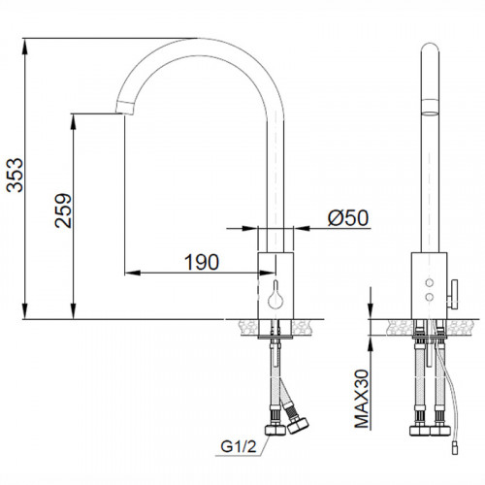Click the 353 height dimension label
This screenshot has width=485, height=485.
16,175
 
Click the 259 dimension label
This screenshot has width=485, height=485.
63,210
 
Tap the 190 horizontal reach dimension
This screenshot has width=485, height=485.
202,262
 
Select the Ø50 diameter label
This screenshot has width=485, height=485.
348,217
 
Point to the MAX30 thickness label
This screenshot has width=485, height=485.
362,399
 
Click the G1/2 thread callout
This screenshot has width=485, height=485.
239,446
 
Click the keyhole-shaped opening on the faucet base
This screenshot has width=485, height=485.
275,295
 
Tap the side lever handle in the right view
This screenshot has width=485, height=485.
453,295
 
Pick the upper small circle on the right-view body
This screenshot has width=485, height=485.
430,282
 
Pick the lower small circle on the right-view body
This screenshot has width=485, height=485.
430,296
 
